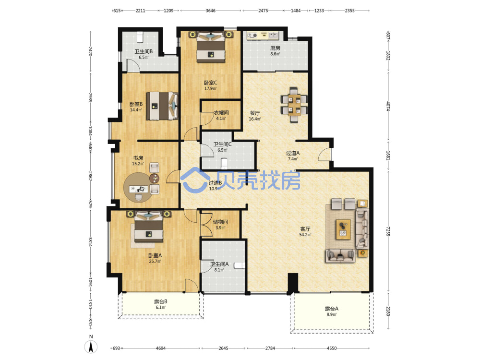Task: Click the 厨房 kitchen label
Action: tap(275, 48)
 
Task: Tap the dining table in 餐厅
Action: tap(294, 105)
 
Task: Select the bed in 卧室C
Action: tap(211, 47)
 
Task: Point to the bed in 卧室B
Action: tap(162, 106)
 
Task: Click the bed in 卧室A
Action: tap(149, 227)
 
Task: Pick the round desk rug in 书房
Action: tap(137, 187)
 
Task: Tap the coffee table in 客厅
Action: tap(343, 229)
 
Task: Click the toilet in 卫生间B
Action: tap(140, 37)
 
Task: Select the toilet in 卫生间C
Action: tap(224, 163)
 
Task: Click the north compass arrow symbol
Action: tap(91, 347)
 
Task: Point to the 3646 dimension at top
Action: tap(211, 11)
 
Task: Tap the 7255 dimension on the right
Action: tap(388, 231)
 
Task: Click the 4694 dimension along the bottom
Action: tap(161, 348)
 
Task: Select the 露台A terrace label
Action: tap(332, 309)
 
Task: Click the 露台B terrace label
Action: tap(160, 301)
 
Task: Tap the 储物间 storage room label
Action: tap(220, 222)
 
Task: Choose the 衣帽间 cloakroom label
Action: tap(221, 113)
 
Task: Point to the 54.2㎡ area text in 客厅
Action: tap(305, 235)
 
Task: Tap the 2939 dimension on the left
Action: tap(90, 97)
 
